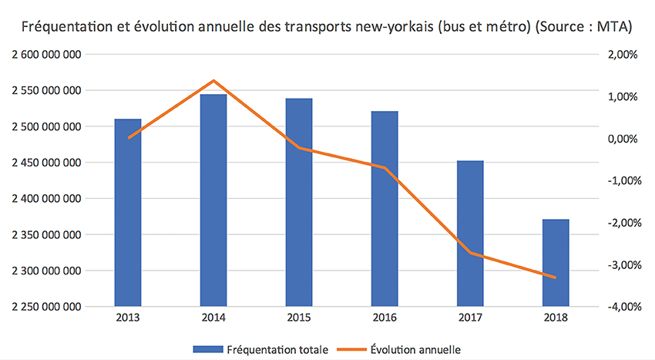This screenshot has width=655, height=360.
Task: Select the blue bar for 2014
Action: pos(213,200)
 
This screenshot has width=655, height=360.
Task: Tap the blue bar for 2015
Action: pos(299,202)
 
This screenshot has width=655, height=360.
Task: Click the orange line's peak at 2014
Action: pos(213,81)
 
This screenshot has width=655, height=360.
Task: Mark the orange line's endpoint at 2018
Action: pos(556,278)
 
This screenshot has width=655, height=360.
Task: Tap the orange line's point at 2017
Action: pos(470,253)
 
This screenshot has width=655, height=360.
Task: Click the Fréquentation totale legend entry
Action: pos(263,349)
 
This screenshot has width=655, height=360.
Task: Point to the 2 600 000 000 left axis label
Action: pos(48,55)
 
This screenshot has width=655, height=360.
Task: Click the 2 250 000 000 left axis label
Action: pos(48,307)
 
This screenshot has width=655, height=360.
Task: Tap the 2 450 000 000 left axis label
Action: pos(48,163)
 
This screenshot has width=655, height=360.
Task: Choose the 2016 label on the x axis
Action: pos(385,318)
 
